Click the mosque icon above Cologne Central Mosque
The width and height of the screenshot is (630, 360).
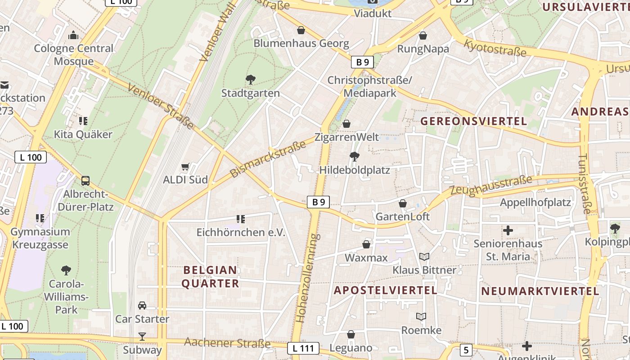(73, 35)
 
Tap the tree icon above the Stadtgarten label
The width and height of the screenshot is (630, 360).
(251, 80)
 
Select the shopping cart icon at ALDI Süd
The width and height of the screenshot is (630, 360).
(185, 167)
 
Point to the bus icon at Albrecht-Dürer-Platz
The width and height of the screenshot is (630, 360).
(85, 181)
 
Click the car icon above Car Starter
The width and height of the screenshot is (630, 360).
(142, 306)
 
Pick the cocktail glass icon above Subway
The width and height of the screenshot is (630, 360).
(142, 336)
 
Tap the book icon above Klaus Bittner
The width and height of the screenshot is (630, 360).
(424, 257)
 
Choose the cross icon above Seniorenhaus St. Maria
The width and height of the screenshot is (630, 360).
(508, 230)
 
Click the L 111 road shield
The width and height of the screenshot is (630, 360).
(303, 348)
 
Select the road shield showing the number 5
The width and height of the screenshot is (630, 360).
(466, 350)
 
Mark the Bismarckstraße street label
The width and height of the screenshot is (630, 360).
(267, 159)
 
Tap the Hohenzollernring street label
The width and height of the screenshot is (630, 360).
(308, 278)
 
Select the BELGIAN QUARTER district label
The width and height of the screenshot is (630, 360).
(210, 277)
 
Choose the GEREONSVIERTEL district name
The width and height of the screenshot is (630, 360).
(473, 121)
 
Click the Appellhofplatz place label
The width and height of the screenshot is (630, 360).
(535, 202)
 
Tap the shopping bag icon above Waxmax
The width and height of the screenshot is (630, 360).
(367, 244)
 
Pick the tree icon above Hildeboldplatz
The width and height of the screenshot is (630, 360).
(354, 157)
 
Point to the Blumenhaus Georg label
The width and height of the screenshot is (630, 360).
(301, 44)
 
